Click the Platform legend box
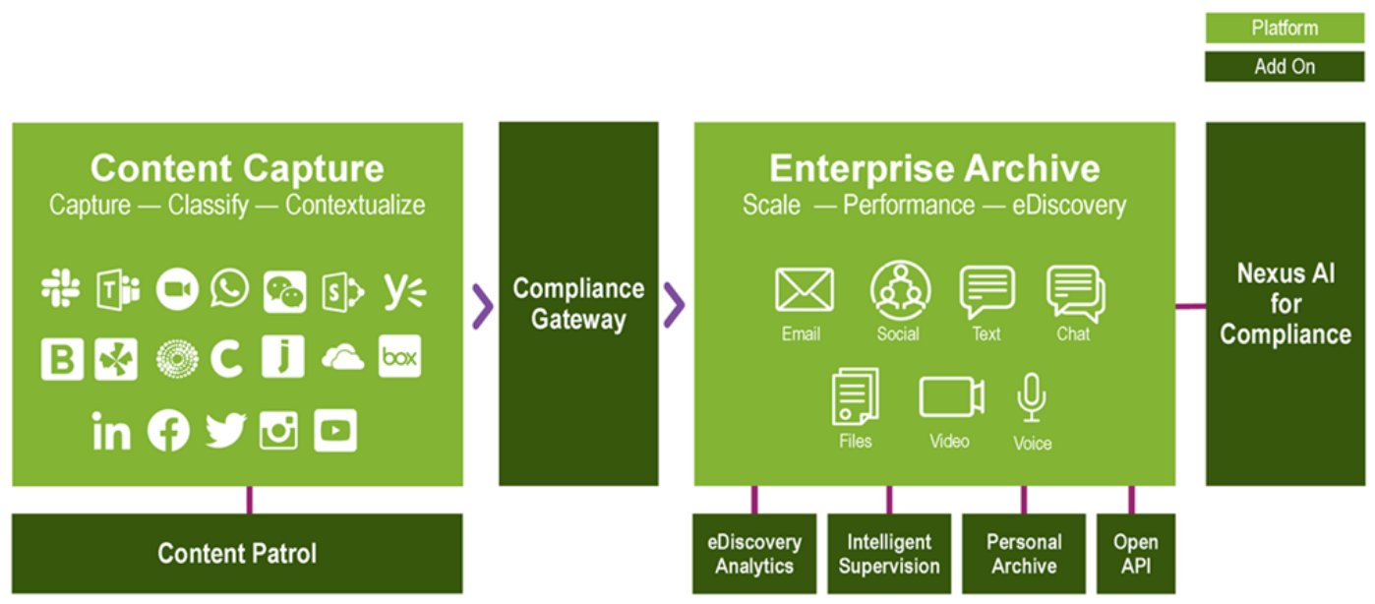[1285, 29]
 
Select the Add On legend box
[1285, 67]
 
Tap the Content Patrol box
[237, 553]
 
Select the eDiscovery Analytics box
[754, 553]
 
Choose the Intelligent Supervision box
[889, 553]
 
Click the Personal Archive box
[1024, 553]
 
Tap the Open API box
[1136, 553]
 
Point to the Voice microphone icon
[1032, 397]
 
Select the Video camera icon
[951, 396]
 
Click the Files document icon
[855, 396]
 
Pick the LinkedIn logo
[111, 432]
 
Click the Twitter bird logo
[225, 432]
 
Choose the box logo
[399, 358]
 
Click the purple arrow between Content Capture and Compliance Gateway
[482, 305]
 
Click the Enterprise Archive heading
[934, 168]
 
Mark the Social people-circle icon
[899, 290]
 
